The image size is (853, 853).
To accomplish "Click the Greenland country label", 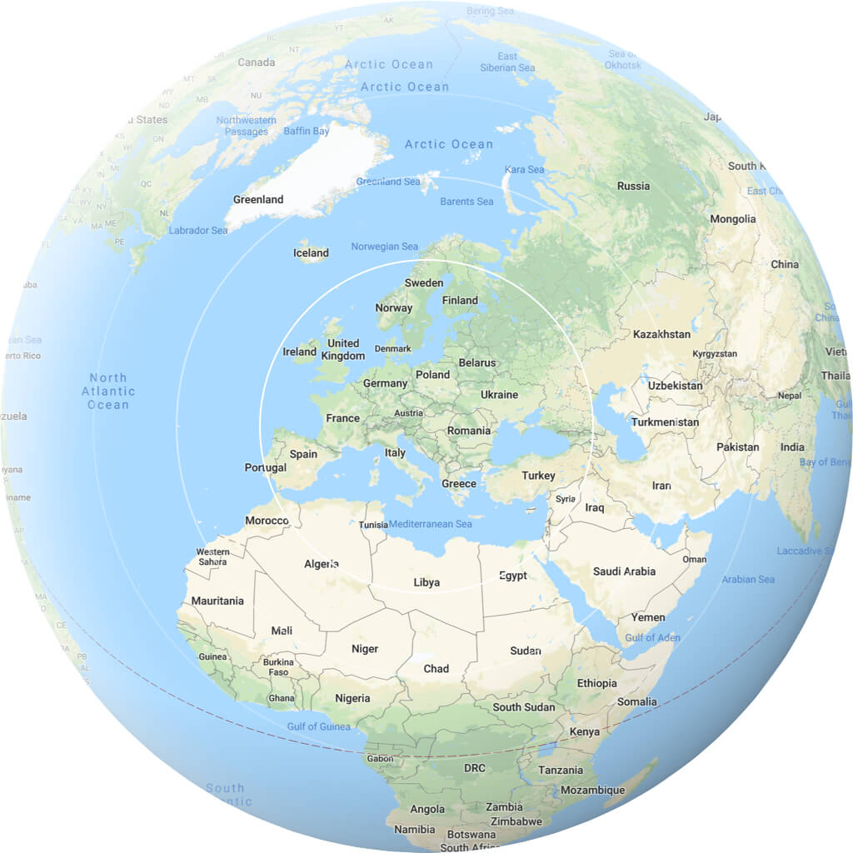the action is (x=258, y=200).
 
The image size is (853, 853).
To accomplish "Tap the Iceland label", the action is (x=311, y=253).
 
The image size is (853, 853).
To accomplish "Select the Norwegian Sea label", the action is (x=385, y=247).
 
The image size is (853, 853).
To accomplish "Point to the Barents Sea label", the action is (x=466, y=202).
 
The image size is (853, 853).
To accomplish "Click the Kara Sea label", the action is (x=524, y=170).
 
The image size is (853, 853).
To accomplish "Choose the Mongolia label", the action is (x=733, y=219).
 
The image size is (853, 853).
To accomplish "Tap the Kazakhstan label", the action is (x=661, y=334).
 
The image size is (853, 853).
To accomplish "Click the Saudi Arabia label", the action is (x=624, y=571).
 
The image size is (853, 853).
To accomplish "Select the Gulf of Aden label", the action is (x=652, y=638).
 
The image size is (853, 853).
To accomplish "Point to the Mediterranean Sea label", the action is (x=431, y=524).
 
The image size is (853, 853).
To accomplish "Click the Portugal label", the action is (x=266, y=467).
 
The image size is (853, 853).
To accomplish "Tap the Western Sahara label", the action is (x=212, y=556).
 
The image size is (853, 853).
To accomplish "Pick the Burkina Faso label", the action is (x=278, y=667).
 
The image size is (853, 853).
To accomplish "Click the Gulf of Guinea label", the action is (x=318, y=726).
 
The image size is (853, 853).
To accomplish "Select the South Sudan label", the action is (x=523, y=707).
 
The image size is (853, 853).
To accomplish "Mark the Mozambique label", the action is (x=592, y=790).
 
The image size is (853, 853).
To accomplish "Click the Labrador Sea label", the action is (x=197, y=231).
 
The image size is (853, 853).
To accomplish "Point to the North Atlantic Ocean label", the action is (x=108, y=392).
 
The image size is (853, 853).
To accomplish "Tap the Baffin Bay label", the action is (x=307, y=132).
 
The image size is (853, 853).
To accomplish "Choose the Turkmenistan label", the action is (x=665, y=422).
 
